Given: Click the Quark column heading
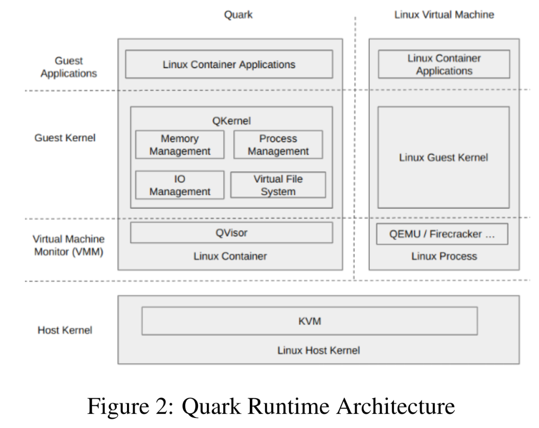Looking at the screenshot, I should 238,15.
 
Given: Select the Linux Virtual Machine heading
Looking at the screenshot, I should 444,15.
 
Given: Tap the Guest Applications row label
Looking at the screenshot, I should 69,67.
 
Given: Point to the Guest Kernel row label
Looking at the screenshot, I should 65,138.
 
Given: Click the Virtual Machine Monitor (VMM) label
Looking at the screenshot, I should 68,245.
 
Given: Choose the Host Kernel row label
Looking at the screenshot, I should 65,330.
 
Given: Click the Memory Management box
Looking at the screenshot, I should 180,145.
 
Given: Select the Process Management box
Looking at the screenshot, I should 278,145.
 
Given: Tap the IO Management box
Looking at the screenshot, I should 180,185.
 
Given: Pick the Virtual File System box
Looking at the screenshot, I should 278,185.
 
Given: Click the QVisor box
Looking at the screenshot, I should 231,233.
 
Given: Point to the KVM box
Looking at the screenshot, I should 309,321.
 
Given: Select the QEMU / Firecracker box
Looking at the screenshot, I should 442,234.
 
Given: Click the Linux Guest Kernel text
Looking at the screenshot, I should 443,158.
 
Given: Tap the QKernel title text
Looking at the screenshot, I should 231,121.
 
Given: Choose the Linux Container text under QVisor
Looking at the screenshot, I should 230,256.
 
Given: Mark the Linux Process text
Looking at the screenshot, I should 444,256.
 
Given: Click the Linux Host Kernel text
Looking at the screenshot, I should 319,350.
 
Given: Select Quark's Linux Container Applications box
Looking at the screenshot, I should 229,64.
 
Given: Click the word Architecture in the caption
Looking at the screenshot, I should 395,406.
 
